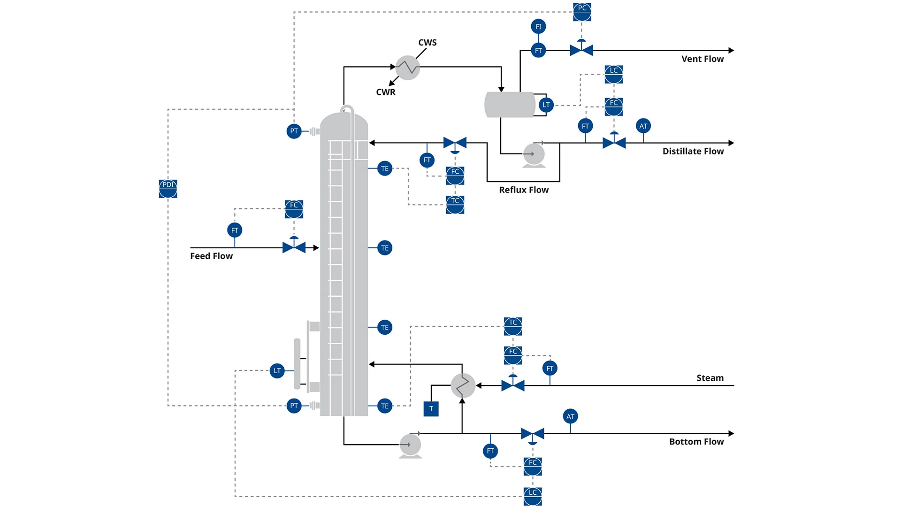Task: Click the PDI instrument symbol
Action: (168, 189)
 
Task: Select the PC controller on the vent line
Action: (582, 12)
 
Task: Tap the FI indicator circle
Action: (538, 27)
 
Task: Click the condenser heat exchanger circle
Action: (407, 68)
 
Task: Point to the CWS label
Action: (427, 43)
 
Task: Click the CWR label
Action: (385, 92)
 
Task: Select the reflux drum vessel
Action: (510, 105)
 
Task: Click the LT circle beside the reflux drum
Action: (546, 105)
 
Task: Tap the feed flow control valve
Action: (294, 247)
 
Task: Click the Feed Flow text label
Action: (211, 256)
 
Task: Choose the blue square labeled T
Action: (431, 409)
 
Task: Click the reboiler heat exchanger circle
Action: (463, 385)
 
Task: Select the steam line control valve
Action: (512, 385)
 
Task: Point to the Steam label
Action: (710, 378)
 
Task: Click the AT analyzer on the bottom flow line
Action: (570, 416)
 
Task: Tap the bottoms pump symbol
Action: (410, 445)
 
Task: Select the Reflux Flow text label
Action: (524, 190)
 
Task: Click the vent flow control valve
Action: (581, 50)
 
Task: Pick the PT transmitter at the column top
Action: (294, 131)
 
